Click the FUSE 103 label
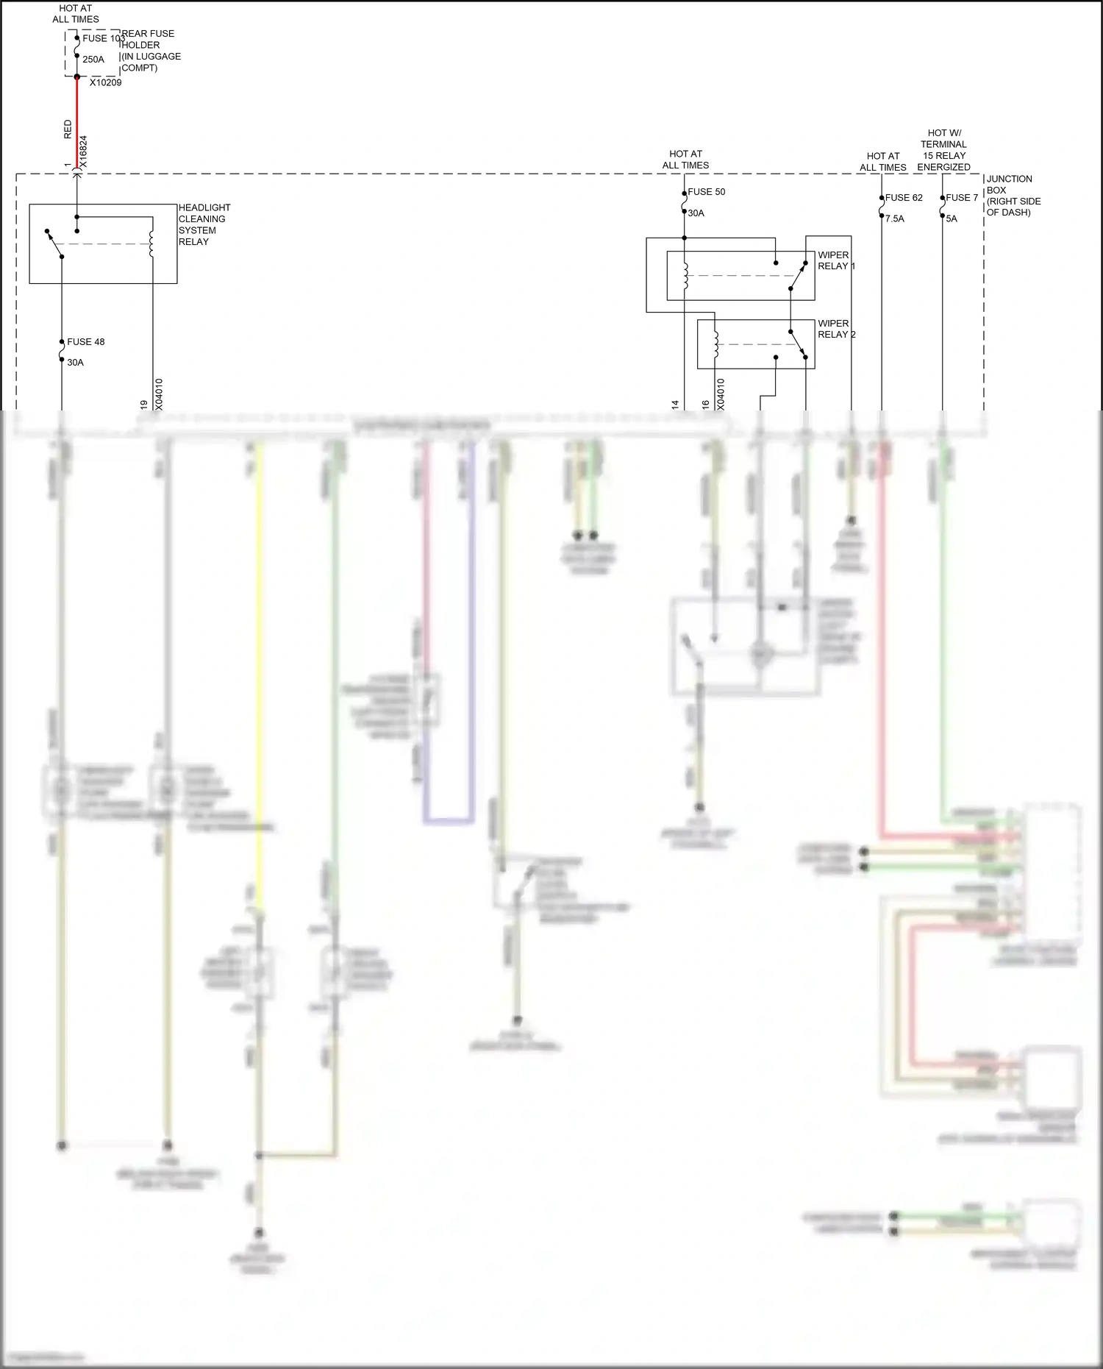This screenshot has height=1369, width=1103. (102, 38)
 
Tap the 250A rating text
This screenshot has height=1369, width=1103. (93, 60)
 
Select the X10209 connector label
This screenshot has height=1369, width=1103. (106, 83)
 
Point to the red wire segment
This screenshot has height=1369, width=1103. (77, 121)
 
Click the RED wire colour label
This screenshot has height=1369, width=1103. (68, 129)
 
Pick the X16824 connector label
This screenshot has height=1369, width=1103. (83, 152)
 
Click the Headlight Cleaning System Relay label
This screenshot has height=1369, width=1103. (204, 224)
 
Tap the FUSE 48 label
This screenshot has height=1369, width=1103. (86, 342)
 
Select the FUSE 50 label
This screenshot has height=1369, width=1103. (707, 192)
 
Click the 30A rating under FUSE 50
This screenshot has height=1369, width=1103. (696, 213)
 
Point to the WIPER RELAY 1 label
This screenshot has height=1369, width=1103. (835, 260)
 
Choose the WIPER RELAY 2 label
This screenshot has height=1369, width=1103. (836, 329)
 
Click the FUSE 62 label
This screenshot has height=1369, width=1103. (904, 198)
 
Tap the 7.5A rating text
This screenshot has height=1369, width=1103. (895, 219)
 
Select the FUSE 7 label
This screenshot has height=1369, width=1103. (962, 198)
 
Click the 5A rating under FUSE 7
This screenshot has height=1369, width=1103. (952, 219)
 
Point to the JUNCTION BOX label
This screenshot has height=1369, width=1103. (1013, 195)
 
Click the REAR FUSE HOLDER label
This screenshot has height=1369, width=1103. (150, 50)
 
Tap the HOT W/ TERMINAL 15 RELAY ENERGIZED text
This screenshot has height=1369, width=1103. (943, 150)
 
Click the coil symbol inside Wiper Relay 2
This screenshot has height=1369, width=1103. (715, 344)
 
